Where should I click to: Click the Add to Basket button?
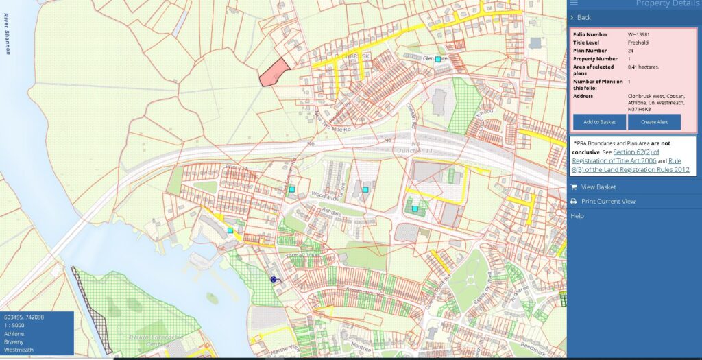coord(599,122)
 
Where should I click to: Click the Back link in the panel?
coord(583,17)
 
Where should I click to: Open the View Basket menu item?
coord(598,187)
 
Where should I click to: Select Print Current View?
coord(607,202)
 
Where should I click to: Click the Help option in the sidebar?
coord(577,216)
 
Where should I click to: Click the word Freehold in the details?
coord(638,42)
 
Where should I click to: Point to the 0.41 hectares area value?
coord(642,67)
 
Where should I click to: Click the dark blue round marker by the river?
coord(274,279)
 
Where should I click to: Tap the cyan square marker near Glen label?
coord(438,60)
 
